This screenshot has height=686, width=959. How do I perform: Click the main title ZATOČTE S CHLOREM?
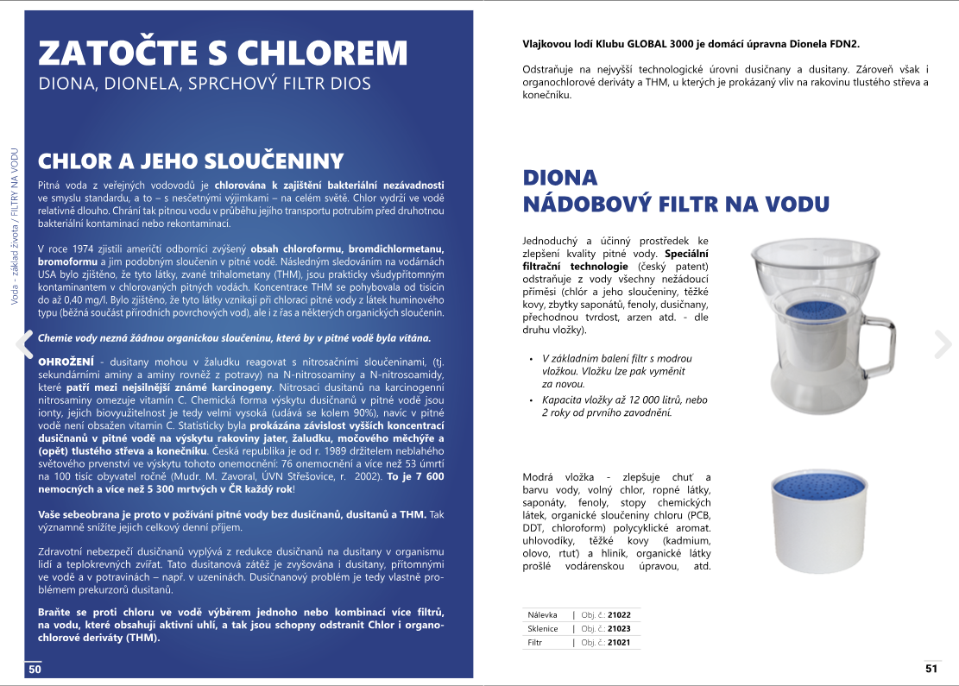[223, 53]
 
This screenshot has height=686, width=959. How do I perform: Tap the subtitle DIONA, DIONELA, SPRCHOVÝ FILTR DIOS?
[205, 85]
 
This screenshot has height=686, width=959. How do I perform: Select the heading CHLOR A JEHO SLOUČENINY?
[190, 161]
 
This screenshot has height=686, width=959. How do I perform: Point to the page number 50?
[35, 669]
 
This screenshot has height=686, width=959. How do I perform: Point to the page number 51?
[931, 668]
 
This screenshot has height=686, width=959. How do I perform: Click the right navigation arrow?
[941, 343]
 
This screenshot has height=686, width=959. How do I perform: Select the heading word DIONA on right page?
[560, 178]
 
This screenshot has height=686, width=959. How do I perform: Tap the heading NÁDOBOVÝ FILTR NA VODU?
[676, 205]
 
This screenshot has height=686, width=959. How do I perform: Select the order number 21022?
[620, 615]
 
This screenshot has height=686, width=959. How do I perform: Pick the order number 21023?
[620, 629]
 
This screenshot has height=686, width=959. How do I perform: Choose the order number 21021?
[620, 643]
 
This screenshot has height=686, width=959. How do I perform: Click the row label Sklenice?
[543, 629]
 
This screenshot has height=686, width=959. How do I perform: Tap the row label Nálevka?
[542, 615]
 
